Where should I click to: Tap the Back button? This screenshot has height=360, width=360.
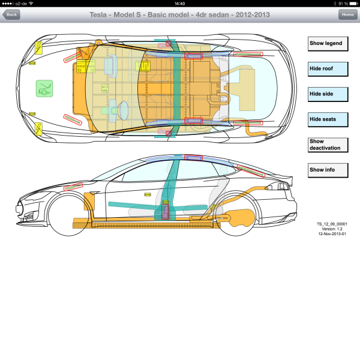tap(11, 14)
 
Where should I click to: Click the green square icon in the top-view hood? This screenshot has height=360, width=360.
tap(44, 89)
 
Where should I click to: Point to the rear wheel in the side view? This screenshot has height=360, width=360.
tap(238, 216)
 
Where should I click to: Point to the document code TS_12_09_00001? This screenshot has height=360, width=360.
tap(332, 224)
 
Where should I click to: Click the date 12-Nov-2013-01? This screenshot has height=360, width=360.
tap(332, 234)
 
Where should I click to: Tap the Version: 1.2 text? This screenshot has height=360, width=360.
tap(332, 229)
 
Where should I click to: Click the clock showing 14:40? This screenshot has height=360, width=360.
tap(179, 3)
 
